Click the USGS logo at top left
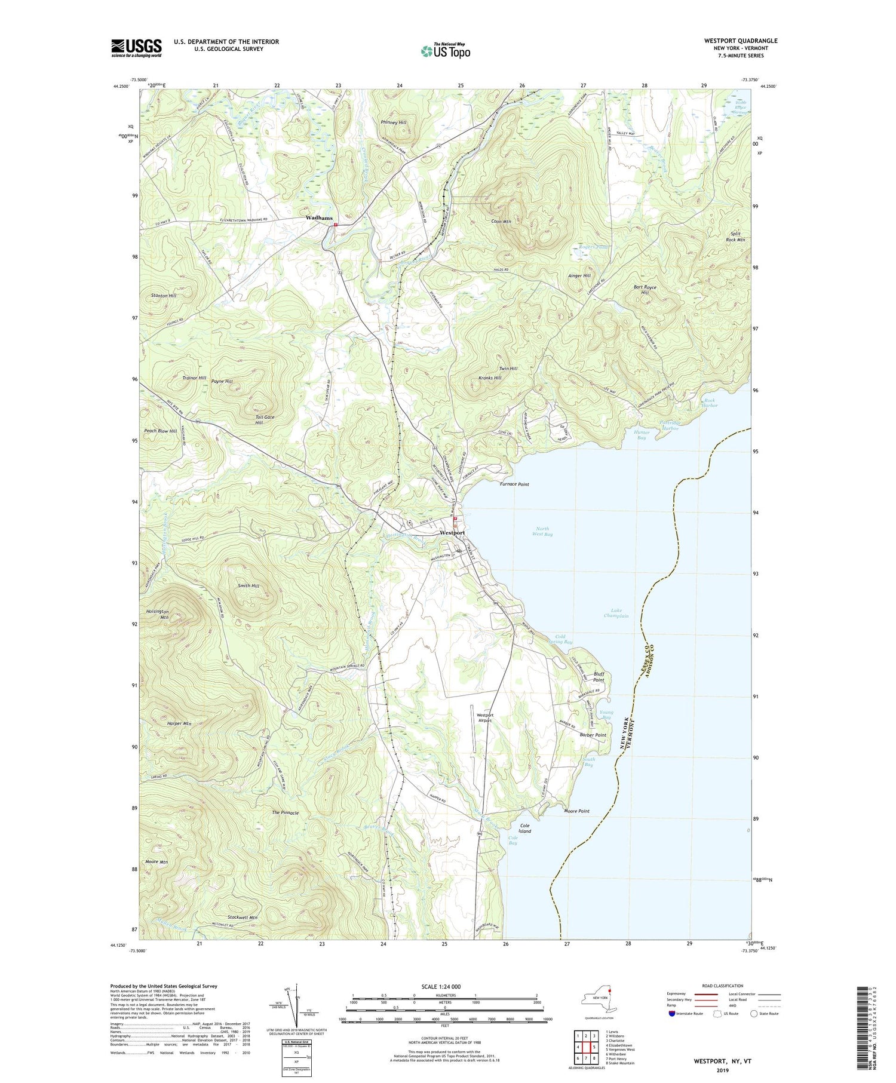click(x=136, y=48)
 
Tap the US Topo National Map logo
click(x=445, y=51)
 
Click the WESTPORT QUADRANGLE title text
click(x=741, y=41)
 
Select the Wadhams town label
click(x=319, y=218)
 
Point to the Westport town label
click(x=452, y=532)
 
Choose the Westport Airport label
click(x=484, y=717)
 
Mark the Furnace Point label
click(x=514, y=484)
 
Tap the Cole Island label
click(x=524, y=828)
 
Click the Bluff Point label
click(x=599, y=677)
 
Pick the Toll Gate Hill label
click(x=265, y=419)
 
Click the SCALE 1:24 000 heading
click(x=444, y=986)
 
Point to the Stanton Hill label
click(x=164, y=296)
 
